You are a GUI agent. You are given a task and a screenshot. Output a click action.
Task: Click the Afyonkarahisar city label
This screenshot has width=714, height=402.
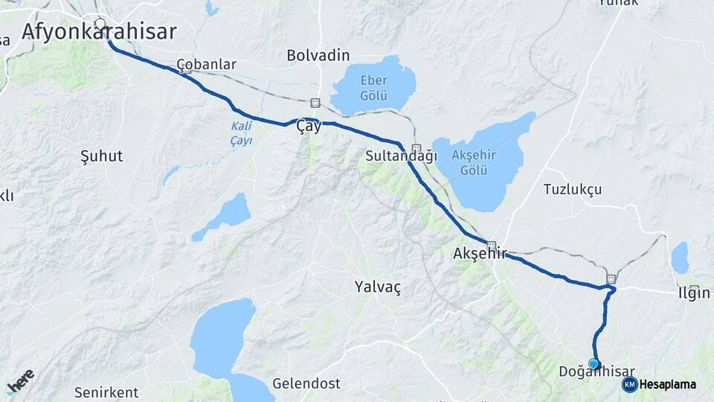click(x=99, y=32)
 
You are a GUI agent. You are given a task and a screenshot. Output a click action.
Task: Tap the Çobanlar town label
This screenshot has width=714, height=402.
click(x=207, y=65)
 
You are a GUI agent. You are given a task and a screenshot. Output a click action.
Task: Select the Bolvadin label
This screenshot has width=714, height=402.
click(x=318, y=56)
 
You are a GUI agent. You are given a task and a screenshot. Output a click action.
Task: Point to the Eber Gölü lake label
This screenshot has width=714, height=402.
click(x=373, y=88)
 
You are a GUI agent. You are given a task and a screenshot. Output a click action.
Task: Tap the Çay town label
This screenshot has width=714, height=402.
click(x=309, y=127)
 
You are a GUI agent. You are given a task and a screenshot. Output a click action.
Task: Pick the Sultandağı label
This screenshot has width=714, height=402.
click(x=401, y=156)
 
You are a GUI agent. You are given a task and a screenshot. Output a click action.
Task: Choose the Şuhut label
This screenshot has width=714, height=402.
click(x=101, y=156)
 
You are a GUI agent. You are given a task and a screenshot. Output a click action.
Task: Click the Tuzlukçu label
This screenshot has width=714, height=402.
click(x=572, y=189)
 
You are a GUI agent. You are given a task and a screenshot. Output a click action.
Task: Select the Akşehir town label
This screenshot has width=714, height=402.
click(x=479, y=254)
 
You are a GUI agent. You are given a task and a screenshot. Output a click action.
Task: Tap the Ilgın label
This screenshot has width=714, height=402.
click(x=693, y=293)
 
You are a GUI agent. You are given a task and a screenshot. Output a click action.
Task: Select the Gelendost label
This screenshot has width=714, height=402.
click(x=306, y=384)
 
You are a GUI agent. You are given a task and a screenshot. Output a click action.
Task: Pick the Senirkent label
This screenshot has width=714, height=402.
click(x=106, y=392)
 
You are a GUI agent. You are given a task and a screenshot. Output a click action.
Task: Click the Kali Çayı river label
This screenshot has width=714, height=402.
click(x=241, y=133)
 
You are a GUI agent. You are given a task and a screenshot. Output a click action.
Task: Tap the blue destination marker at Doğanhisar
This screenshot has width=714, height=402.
click(x=594, y=363)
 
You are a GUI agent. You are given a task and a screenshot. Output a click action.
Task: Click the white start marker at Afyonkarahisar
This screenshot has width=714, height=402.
click(x=100, y=23)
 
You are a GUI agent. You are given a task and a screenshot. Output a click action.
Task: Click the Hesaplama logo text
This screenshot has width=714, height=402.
click(x=668, y=385)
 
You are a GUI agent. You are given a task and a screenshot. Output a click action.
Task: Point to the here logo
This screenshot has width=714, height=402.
click(x=21, y=381)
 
